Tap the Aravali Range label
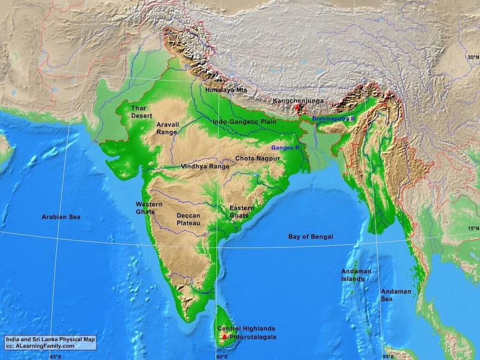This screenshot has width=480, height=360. [167, 128]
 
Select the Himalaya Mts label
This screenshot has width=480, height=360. [225, 90]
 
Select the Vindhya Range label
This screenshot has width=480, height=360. [205, 167]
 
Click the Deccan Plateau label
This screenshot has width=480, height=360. [188, 219]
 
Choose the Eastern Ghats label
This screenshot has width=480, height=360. [241, 211]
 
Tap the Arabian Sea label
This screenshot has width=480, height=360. [61, 217]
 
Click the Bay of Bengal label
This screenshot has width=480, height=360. [310, 237]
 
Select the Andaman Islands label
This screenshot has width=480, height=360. [356, 275]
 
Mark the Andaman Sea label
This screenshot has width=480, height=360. [396, 295]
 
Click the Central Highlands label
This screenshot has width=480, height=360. [246, 328]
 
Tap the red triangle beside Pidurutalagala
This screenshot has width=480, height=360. [224, 337]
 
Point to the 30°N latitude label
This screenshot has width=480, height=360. [473, 58]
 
